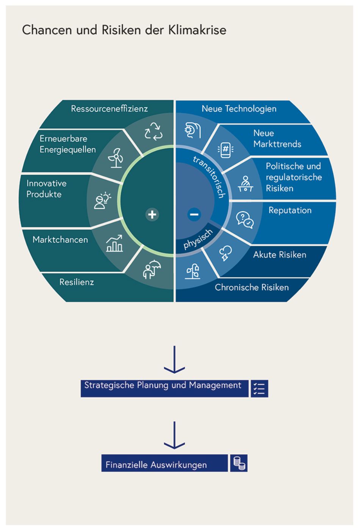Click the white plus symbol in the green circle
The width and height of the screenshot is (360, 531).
[x=152, y=215]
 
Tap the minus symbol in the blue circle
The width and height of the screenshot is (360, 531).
[x=194, y=215]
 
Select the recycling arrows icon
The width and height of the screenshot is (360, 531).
[x=153, y=131]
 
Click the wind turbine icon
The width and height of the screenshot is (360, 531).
[x=116, y=158]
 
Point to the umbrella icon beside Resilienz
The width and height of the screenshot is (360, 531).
[x=152, y=269]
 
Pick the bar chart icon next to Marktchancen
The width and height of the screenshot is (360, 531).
[x=114, y=244]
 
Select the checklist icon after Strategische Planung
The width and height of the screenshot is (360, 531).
[x=260, y=388]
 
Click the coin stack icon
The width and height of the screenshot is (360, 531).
[x=239, y=463]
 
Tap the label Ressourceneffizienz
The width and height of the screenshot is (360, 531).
[x=109, y=109]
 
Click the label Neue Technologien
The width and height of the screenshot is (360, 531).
[x=239, y=109]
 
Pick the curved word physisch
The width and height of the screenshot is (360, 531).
[x=198, y=239]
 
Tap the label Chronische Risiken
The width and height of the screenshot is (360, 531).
[x=252, y=287]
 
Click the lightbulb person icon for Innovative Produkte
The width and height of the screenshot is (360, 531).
[x=102, y=201]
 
